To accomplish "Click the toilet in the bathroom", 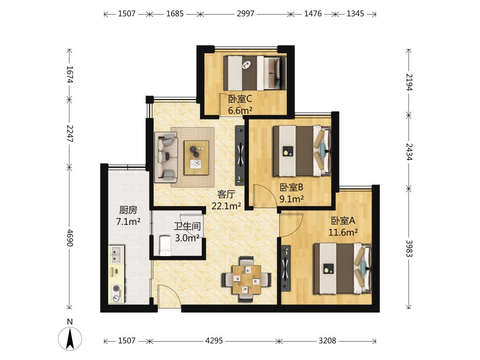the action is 165,245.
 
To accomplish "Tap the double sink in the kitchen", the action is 116,255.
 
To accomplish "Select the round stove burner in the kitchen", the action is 116,288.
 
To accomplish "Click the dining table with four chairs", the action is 246,279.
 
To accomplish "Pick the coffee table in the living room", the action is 196,158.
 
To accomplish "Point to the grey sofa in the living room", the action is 166,156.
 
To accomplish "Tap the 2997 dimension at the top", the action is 245,14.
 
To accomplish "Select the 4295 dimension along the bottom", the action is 214,341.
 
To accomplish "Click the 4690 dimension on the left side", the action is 70,237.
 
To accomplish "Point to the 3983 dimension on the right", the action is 409,248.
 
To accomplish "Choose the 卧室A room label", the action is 343,220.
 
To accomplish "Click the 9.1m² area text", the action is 292,199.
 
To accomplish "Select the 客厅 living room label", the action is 226,194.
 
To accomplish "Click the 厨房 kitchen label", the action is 128,210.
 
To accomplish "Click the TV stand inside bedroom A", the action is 286,268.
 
